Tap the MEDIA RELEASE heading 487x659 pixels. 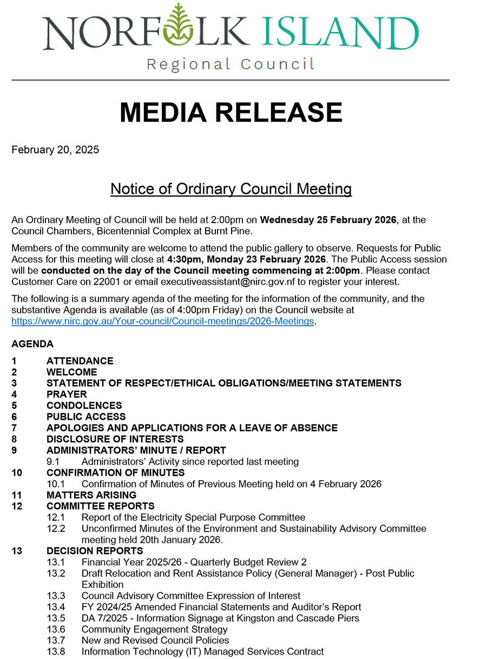[231, 112]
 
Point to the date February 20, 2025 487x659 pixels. [55, 150]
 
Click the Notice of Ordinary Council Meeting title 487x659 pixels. [231, 189]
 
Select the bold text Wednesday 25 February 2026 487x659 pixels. [328, 220]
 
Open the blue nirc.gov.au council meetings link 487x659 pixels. [163, 321]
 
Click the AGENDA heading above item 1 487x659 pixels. [32, 344]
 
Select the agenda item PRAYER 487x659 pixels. [67, 394]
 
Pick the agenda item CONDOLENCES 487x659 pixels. [84, 406]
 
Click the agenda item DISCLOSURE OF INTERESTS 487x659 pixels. [115, 439]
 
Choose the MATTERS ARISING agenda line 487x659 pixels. [91, 495]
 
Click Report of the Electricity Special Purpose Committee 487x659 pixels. [193, 517]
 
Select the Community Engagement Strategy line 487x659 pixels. [154, 629]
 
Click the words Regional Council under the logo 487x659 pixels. [231, 65]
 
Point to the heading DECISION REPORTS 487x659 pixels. [95, 551]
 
